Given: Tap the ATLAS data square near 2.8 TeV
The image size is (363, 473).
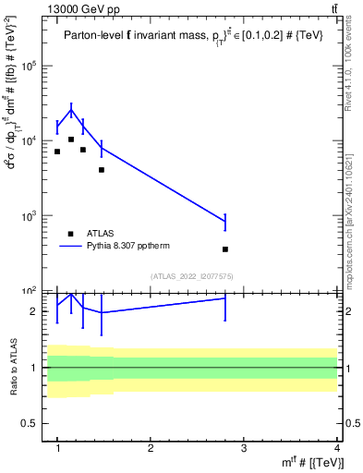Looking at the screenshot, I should pyautogui.click(x=225, y=249).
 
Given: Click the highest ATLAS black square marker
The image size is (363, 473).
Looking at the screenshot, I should pyautogui.click(x=71, y=139).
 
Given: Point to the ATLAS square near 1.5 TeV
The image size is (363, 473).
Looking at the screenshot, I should pyautogui.click(x=102, y=170).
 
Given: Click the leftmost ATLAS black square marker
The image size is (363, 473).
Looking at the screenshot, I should pyautogui.click(x=57, y=152).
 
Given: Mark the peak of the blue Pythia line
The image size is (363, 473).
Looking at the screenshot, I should pyautogui.click(x=71, y=110).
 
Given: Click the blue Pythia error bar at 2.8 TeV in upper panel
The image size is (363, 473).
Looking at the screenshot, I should pyautogui.click(x=225, y=222).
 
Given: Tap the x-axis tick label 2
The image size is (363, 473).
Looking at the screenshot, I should pyautogui.click(x=151, y=449).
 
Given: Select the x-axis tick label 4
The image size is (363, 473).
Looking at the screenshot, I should pyautogui.click(x=336, y=449).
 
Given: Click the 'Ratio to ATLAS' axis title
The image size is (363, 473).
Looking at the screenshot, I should pyautogui.click(x=13, y=367).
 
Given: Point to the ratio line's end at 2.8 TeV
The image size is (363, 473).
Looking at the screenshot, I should pyautogui.click(x=225, y=298).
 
